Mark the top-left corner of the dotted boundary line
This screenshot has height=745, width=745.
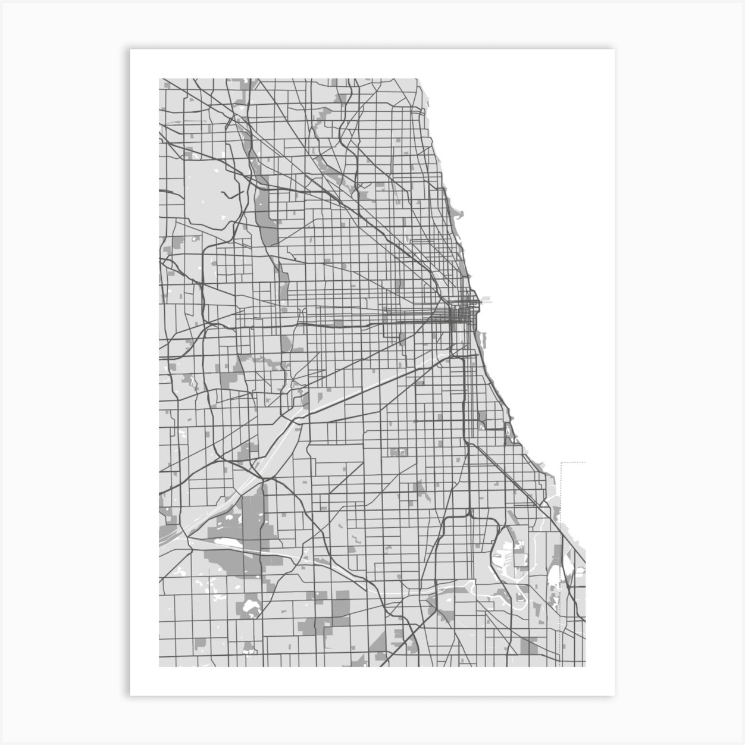pos(562,462)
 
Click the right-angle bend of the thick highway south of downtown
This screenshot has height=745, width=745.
pos(464,359)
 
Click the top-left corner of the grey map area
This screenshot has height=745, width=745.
pos(159,79)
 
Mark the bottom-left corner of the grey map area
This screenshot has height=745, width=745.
pos(159,666)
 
